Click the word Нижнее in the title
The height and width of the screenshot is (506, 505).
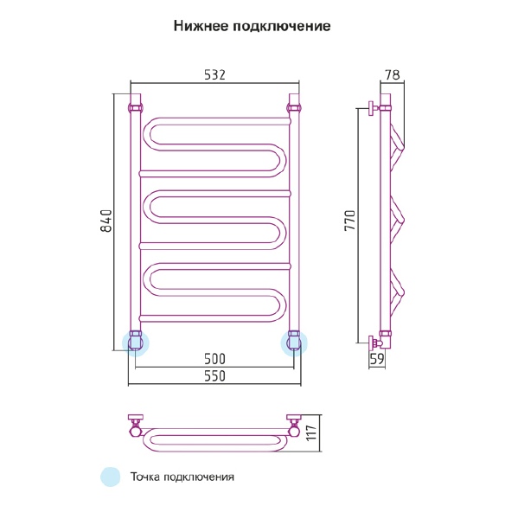click(x=201, y=26)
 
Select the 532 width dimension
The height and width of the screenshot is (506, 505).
click(x=215, y=75)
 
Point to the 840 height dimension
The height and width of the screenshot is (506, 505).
click(x=106, y=221)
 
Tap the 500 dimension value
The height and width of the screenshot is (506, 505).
click(x=215, y=358)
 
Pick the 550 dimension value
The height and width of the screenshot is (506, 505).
click(x=215, y=376)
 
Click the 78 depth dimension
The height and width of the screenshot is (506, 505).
click(x=393, y=75)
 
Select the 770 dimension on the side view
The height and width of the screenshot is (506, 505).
click(x=350, y=220)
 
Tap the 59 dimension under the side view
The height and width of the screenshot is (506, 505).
click(x=377, y=359)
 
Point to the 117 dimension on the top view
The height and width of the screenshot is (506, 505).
click(x=311, y=433)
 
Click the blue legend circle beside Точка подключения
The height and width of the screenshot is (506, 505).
click(x=111, y=477)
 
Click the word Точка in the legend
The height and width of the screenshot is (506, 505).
click(x=144, y=477)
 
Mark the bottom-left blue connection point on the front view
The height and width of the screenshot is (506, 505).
click(x=136, y=343)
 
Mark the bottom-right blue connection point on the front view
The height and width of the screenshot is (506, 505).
click(x=294, y=343)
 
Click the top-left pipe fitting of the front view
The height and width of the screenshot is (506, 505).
click(x=135, y=107)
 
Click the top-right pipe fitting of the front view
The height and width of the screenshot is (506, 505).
click(x=294, y=107)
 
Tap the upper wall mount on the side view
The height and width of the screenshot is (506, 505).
click(x=374, y=108)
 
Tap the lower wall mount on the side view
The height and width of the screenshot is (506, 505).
click(x=374, y=343)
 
